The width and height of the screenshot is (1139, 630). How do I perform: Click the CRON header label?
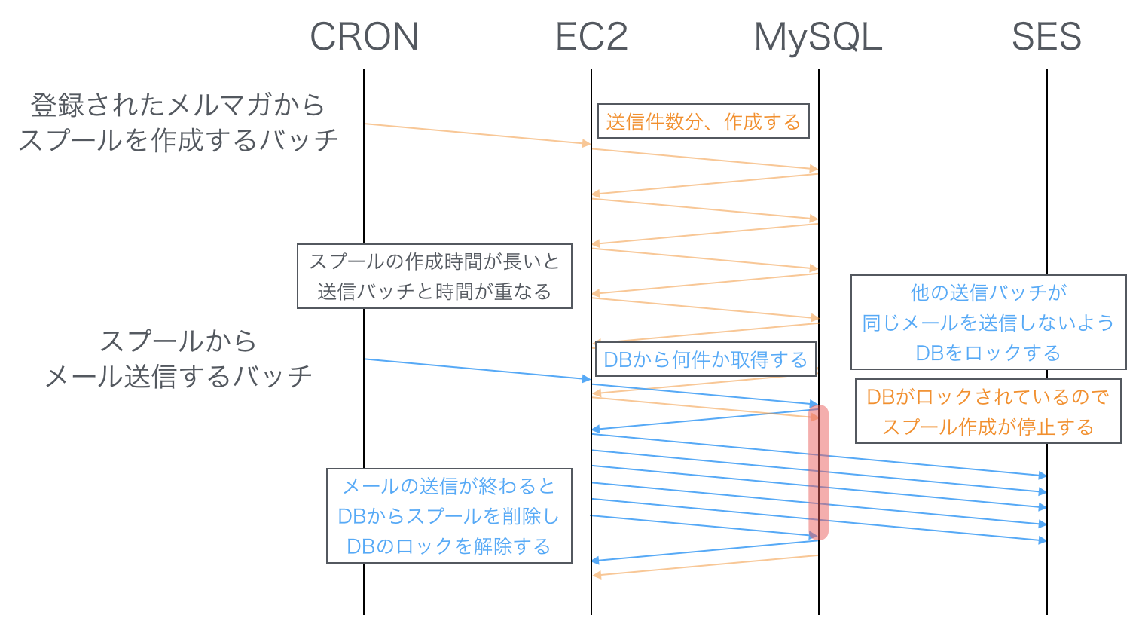tap(364, 37)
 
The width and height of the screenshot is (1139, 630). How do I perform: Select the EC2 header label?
tap(591, 37)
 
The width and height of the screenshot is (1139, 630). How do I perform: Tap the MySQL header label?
tap(818, 37)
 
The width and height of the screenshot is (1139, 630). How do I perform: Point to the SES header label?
tap(1046, 37)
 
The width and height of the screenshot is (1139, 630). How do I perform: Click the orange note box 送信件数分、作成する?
tap(703, 121)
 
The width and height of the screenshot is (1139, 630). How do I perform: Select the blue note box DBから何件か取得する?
tap(705, 360)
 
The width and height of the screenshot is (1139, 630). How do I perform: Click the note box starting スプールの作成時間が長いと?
tap(435, 276)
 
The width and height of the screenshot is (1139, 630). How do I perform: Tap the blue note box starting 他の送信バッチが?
tap(988, 322)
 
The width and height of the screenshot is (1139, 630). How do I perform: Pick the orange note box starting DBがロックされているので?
tap(988, 411)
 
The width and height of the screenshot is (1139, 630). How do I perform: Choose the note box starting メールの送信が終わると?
tap(449, 516)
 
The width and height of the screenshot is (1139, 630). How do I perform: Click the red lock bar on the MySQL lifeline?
tap(818, 472)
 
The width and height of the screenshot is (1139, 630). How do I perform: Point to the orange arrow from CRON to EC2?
tap(477, 133)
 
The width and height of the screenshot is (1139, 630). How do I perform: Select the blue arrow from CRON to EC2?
tap(477, 369)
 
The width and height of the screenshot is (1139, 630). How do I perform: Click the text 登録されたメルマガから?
tap(178, 105)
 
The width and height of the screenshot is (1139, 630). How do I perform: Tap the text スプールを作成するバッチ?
tap(178, 140)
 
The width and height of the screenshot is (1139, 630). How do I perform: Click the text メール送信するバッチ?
tap(178, 376)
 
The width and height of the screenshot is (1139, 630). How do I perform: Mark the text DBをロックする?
tap(988, 353)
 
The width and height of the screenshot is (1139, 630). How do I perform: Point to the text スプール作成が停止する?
tap(988, 427)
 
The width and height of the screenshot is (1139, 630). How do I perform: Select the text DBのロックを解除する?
tap(449, 546)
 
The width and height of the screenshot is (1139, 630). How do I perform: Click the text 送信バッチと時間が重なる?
tap(435, 292)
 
